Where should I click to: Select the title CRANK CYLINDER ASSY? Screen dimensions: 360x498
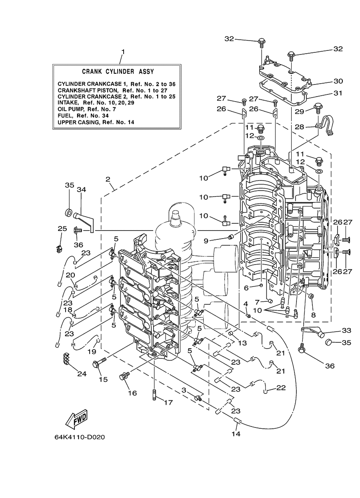pyautogui.click(x=118, y=72)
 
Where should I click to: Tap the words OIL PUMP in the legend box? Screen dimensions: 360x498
pyautogui.click(x=71, y=109)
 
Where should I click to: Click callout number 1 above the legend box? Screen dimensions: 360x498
pyautogui.click(x=123, y=52)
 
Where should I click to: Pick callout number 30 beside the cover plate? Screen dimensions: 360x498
pyautogui.click(x=338, y=81)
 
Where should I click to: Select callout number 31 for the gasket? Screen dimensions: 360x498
pyautogui.click(x=338, y=93)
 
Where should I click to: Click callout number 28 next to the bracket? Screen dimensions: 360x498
pyautogui.click(x=299, y=127)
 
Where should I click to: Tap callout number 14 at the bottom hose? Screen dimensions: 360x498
pyautogui.click(x=236, y=434)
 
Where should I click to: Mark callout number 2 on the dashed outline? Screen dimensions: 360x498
pyautogui.click(x=108, y=179)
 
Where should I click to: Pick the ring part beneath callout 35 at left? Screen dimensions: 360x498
pyautogui.click(x=68, y=213)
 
